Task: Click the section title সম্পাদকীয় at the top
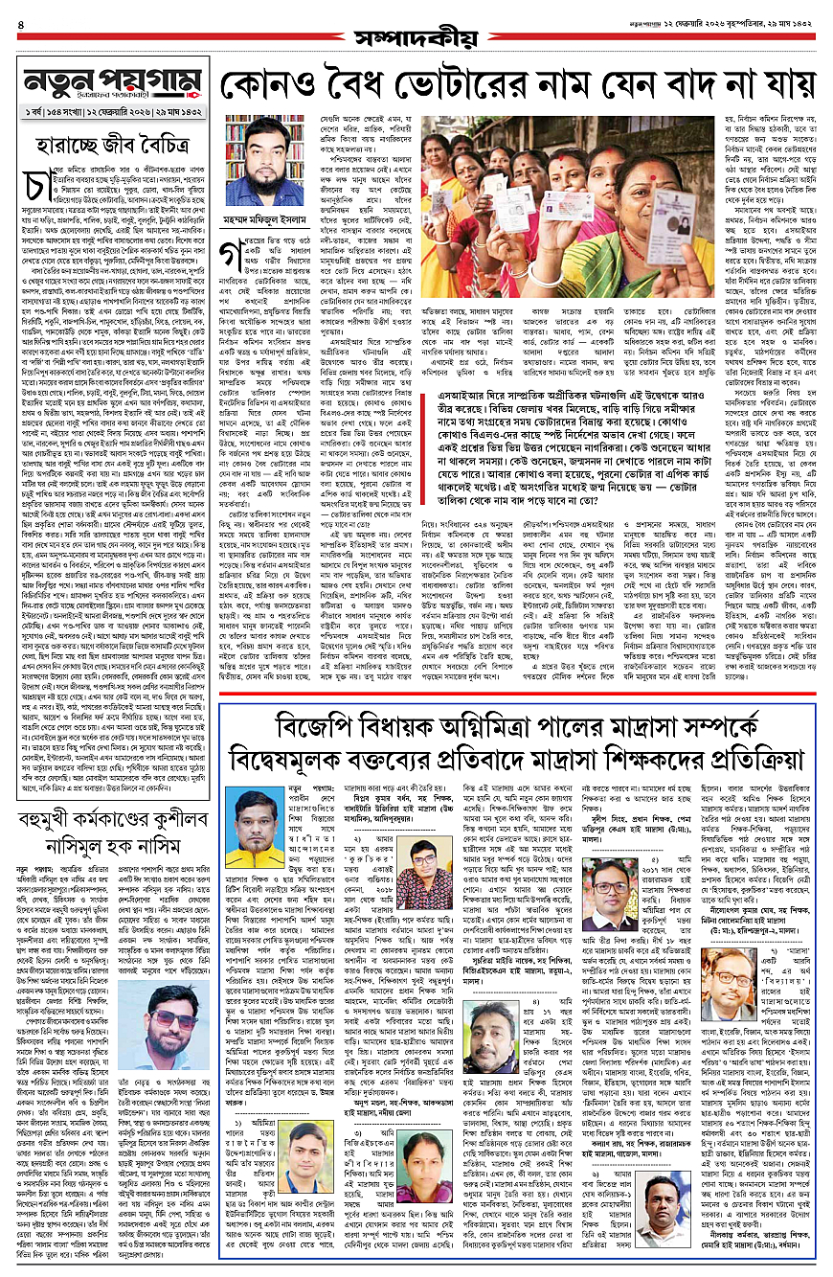click(415, 37)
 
